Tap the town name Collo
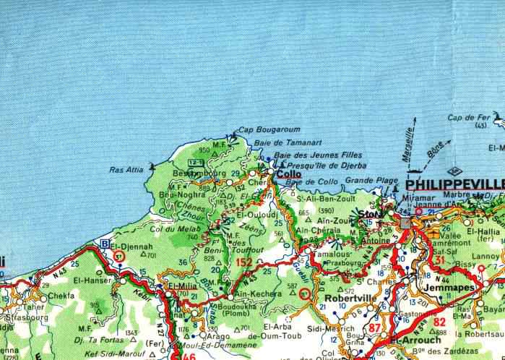pyautogui.click(x=289, y=174)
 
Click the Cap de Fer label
pyautogui.click(x=469, y=117)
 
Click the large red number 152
pyautogui.click(x=244, y=262)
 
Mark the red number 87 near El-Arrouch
pyautogui.click(x=374, y=327)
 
